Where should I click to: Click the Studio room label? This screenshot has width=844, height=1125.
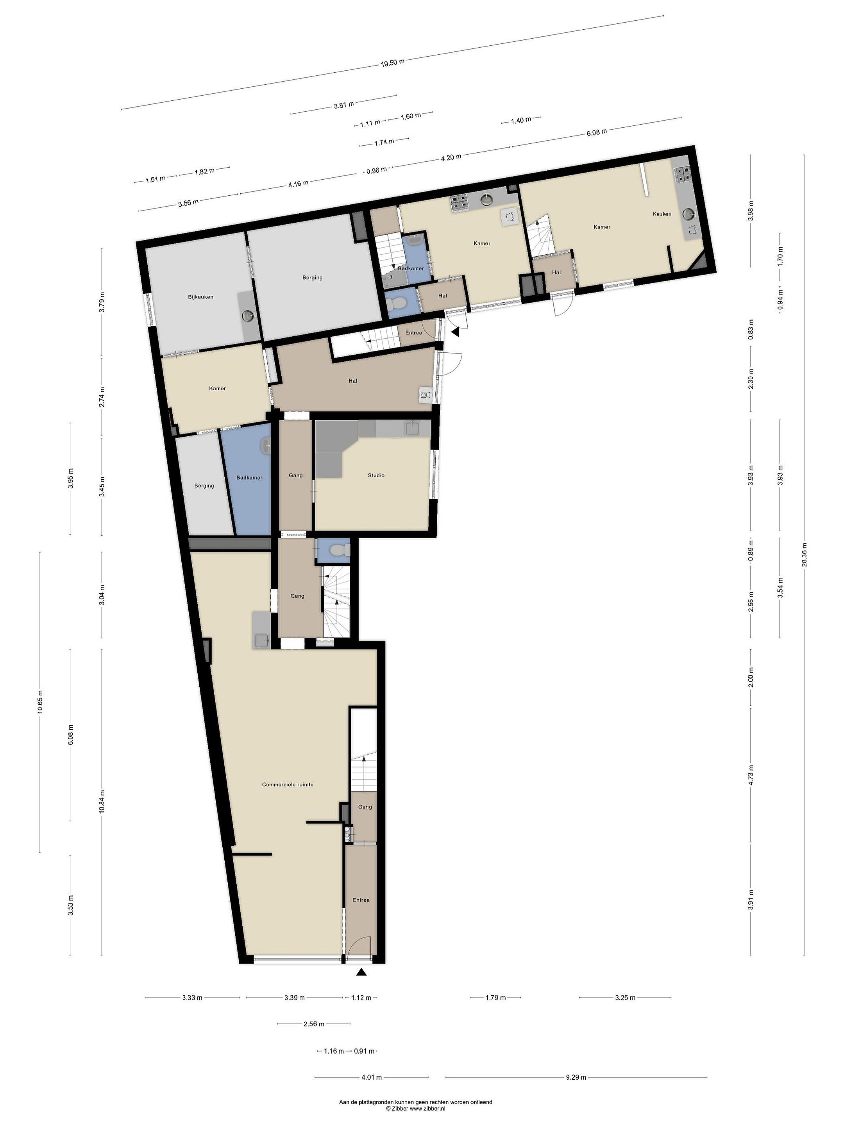[376, 475]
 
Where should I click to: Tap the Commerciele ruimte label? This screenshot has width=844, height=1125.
[288, 784]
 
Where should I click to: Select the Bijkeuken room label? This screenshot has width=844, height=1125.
[200, 297]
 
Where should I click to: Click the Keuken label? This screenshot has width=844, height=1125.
[662, 214]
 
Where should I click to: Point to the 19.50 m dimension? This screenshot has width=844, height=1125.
[392, 63]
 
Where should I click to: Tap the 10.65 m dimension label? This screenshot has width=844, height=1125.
[40, 702]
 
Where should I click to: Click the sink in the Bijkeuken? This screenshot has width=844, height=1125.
[248, 316]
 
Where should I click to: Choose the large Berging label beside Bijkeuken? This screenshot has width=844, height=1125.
[312, 278]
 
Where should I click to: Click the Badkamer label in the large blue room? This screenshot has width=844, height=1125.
[249, 478]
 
